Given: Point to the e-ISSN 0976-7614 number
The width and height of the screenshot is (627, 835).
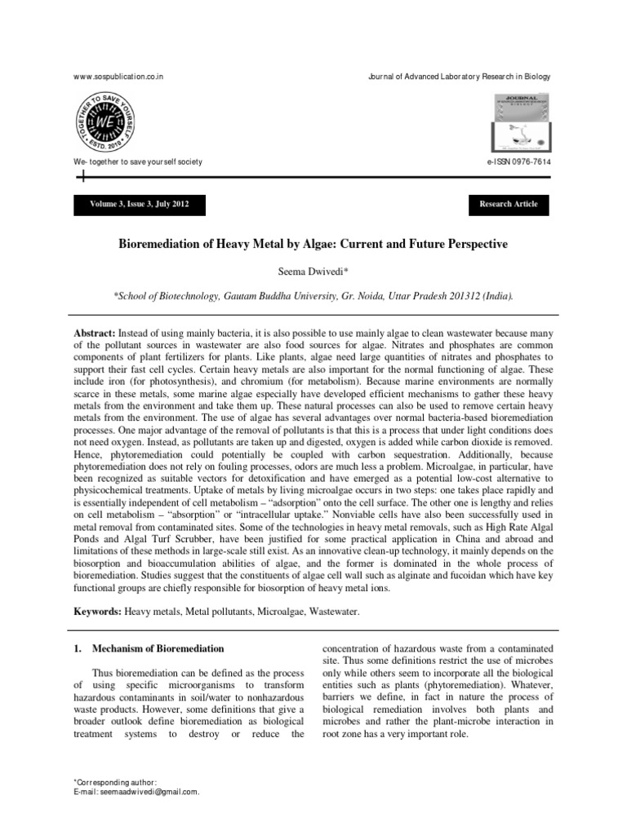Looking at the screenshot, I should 518,162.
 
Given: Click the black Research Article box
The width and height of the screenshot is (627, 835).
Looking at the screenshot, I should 508,204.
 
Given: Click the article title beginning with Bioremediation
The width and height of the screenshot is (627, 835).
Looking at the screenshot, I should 313,245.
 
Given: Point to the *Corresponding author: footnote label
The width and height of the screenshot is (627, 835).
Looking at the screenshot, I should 113,782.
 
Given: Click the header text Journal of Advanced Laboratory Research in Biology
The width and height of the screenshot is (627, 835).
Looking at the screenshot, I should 460,77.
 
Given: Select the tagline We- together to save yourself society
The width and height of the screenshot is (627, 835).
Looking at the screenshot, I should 138,162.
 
